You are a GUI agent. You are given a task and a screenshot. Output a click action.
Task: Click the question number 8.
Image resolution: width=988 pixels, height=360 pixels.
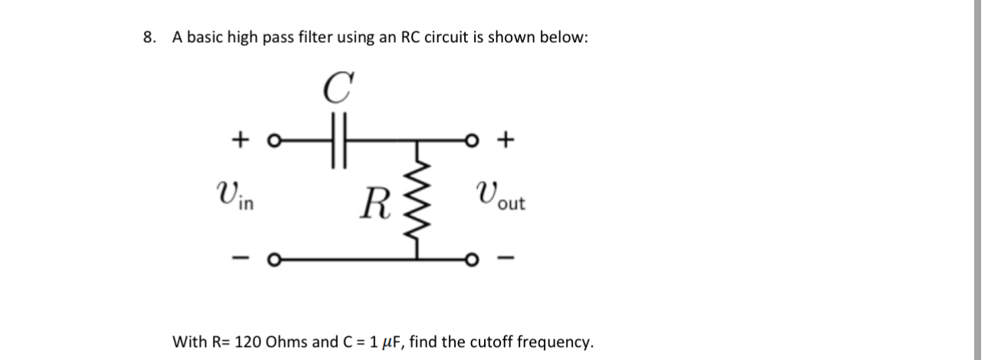[149, 38]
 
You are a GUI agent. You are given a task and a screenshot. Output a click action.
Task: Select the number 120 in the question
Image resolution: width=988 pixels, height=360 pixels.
[249, 342]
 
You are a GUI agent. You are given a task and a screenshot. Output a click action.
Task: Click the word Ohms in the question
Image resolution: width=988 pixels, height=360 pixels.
[288, 342]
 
